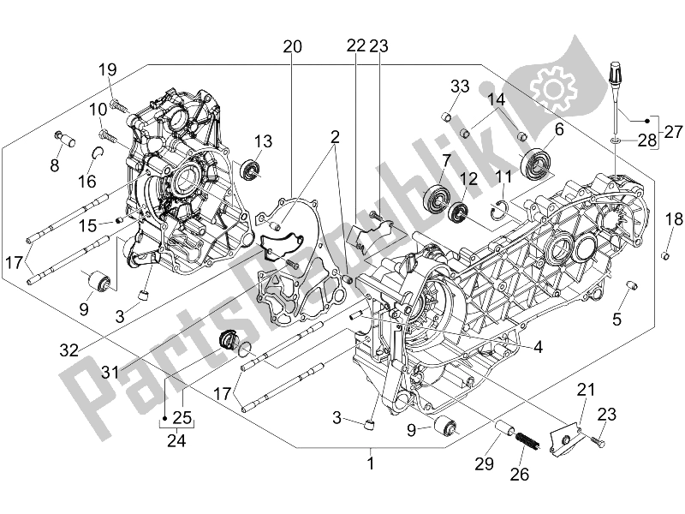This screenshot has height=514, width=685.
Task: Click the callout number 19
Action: [x=106, y=69]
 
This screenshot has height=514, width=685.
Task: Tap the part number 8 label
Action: [x=55, y=166]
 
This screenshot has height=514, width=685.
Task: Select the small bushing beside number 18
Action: [x=664, y=255]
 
